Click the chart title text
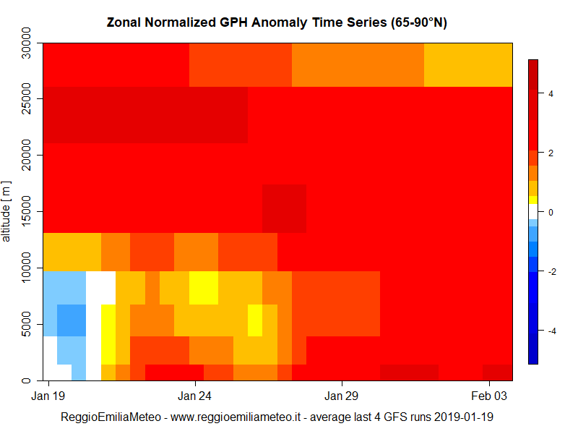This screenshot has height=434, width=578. [277, 22]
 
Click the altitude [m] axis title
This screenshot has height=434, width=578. [7, 211]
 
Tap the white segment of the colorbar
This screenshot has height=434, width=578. [533, 210]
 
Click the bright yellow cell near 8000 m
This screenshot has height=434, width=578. [204, 288]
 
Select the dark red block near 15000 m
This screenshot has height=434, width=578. [284, 208]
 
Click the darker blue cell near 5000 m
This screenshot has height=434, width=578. [72, 320]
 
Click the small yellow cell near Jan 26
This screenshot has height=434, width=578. [255, 320]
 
